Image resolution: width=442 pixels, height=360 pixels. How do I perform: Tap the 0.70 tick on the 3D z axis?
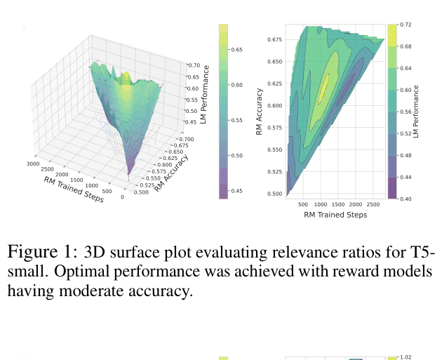[194, 65]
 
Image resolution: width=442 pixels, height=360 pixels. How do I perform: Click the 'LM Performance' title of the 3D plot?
[206, 94]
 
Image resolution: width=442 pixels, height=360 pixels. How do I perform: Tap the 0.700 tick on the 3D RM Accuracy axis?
[186, 139]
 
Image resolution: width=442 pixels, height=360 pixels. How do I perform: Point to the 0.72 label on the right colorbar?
[406, 25]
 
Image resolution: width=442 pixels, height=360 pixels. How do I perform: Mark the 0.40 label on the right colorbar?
[406, 199]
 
